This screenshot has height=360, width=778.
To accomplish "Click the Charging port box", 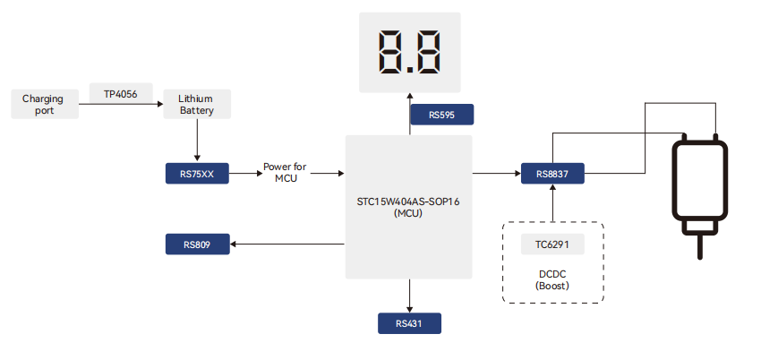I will click(x=44, y=104).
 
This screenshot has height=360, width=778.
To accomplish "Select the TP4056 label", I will click(x=114, y=93).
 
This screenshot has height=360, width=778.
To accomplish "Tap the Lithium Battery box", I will click(x=196, y=104).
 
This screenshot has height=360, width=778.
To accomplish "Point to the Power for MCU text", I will click(x=286, y=173).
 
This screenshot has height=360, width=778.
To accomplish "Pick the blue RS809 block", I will click(x=197, y=244).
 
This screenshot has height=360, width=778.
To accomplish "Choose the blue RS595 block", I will click(x=441, y=115).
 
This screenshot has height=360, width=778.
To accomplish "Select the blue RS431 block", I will click(x=409, y=322).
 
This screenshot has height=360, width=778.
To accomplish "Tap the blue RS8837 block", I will click(x=552, y=174).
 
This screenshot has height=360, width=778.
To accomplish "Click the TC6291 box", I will click(x=552, y=244).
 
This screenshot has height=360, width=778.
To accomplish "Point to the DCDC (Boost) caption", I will click(x=552, y=279).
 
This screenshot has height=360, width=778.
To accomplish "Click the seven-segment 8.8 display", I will click(x=409, y=54).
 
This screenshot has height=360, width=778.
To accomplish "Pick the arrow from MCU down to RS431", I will click(x=409, y=295).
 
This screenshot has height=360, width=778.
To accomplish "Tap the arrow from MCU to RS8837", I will click(x=496, y=174).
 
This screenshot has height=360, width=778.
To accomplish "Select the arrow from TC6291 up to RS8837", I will click(x=552, y=203).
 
